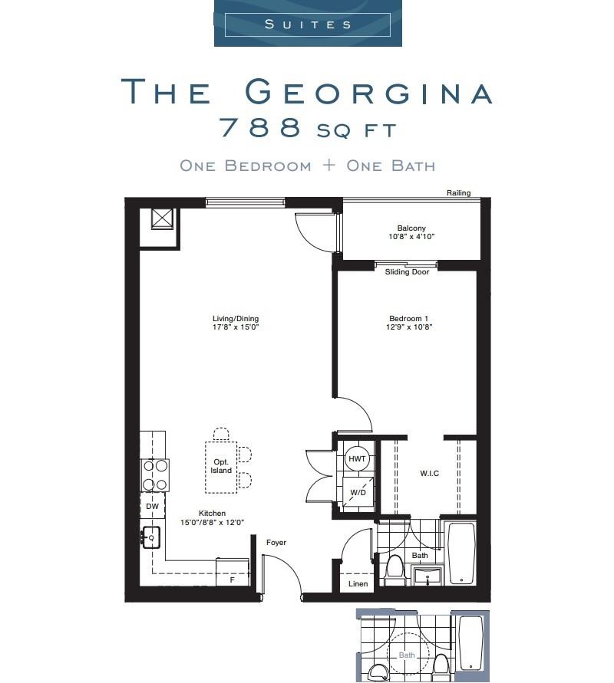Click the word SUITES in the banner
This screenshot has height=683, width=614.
pos(308,24)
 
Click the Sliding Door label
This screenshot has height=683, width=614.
pos(408,272)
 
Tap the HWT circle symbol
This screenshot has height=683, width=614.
pos(357,458)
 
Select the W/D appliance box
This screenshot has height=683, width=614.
pos(358,492)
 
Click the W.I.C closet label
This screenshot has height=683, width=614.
pos(429,474)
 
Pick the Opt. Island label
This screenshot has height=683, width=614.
pos(222,466)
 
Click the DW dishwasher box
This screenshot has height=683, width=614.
pos(152,507)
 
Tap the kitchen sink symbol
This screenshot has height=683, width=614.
pos(150,537)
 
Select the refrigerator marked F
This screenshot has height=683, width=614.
pos(233,573)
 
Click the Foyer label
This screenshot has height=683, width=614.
pos(276,543)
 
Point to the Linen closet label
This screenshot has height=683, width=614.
pos(358,583)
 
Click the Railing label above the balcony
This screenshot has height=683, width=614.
pos(458,193)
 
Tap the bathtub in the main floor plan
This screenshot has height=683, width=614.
pos(461,553)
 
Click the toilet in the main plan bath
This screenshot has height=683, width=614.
pos(394,570)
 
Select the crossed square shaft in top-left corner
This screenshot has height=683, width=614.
pos(163,218)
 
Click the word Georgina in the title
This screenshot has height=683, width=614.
pos(368,93)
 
